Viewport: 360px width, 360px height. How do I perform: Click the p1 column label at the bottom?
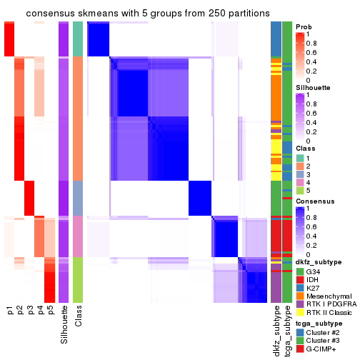(x=10, y=311)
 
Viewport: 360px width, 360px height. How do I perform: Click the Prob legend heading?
(x=304, y=26)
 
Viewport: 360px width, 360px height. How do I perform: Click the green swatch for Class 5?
(x=300, y=191)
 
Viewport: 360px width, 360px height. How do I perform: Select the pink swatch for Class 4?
(x=300, y=181)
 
